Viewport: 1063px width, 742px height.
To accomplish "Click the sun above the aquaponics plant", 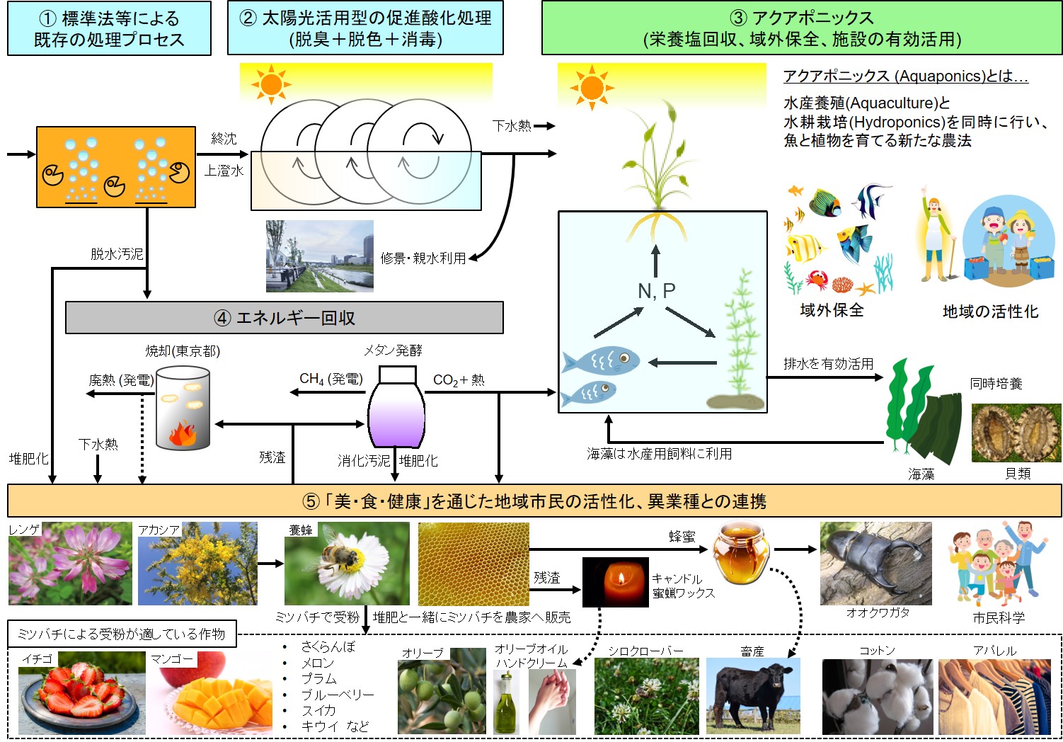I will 591,89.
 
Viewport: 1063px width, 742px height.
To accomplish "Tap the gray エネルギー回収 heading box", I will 284,318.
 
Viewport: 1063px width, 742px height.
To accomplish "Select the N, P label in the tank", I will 656,290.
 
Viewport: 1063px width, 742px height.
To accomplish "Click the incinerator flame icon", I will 182,433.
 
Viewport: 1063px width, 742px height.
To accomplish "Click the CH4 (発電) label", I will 331,379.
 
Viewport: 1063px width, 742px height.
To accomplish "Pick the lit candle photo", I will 614,582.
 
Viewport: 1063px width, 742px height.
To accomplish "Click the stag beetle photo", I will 875,564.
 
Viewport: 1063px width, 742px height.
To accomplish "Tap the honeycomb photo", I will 473,564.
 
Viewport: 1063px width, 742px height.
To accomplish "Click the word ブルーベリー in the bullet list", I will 337,695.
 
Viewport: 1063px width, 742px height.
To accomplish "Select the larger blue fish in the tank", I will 601,360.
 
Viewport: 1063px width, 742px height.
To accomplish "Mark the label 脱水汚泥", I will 117,253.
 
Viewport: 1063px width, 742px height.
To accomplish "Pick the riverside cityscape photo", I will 319,256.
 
